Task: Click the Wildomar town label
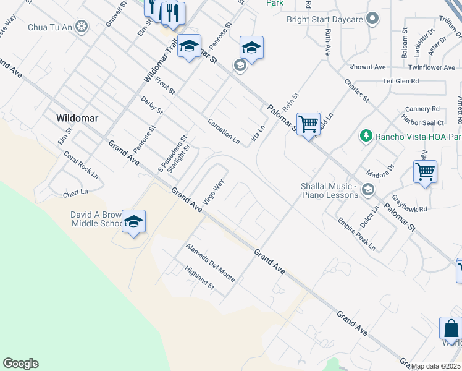(x=77, y=117)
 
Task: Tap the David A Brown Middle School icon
(x=133, y=222)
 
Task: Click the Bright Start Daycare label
(x=324, y=19)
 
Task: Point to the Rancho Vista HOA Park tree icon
(x=366, y=135)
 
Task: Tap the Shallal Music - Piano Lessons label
(x=329, y=190)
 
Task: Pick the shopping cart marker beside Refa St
(x=308, y=124)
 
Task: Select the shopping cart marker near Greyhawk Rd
(x=425, y=172)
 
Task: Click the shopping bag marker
(x=451, y=328)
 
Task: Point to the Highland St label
(x=199, y=278)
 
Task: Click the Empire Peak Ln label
(x=356, y=233)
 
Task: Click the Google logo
(x=20, y=364)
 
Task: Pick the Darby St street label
(x=151, y=106)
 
